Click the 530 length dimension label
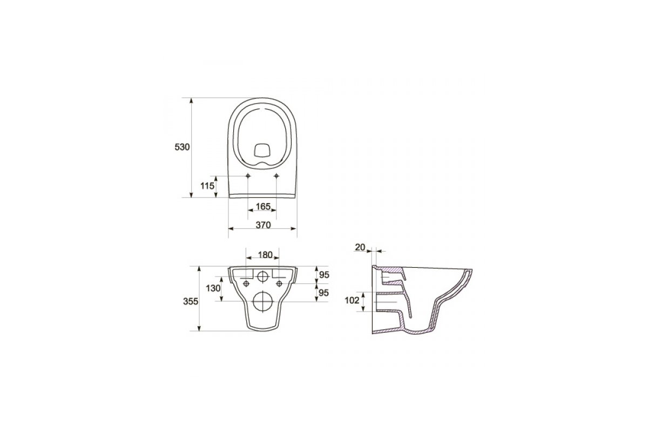click(x=182, y=147)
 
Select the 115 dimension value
click(x=207, y=186)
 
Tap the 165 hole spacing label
click(x=263, y=206)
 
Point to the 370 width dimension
click(x=263, y=225)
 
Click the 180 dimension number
click(x=265, y=255)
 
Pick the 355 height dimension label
click(x=191, y=301)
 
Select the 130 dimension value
click(x=213, y=288)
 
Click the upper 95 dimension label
click(x=324, y=275)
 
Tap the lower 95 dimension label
click(x=323, y=293)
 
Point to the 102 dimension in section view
click(x=352, y=301)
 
